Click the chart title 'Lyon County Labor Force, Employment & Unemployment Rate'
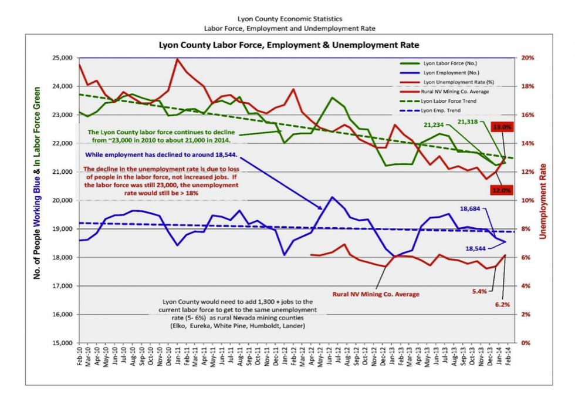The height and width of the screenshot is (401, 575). pos(290,45)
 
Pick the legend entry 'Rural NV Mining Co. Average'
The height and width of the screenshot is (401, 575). pos(455,92)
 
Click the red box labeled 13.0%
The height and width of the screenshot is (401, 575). pos(503,127)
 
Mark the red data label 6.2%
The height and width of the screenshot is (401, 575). pos(502,305)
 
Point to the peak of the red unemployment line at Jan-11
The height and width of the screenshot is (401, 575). pos(177,59)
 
